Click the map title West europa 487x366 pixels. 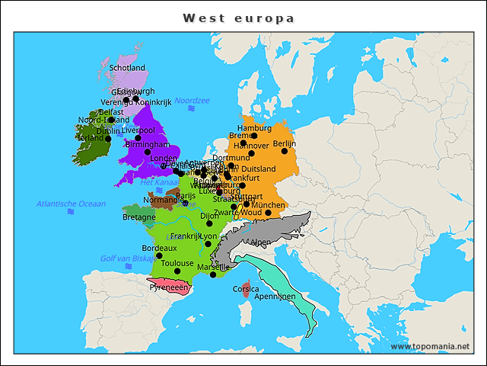tap(238, 18)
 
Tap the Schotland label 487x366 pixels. tap(127, 68)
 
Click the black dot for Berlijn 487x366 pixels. tap(285, 151)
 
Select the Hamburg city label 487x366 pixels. tap(254, 128)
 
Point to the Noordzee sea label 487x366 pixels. tap(192, 100)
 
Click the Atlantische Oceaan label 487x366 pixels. tap(71, 204)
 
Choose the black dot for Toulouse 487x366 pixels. tap(177, 271)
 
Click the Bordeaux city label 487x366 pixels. tap(159, 248)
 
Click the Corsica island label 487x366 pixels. tap(246, 290)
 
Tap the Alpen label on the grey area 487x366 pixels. tap(260, 242)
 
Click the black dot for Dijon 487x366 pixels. tap(209, 223)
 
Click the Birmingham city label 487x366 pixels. tap(148, 144)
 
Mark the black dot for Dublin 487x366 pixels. tap(108, 139)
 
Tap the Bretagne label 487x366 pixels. tap(138, 217)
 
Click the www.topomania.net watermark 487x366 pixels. tap(430, 347)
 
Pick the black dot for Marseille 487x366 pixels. tap(213, 274)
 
